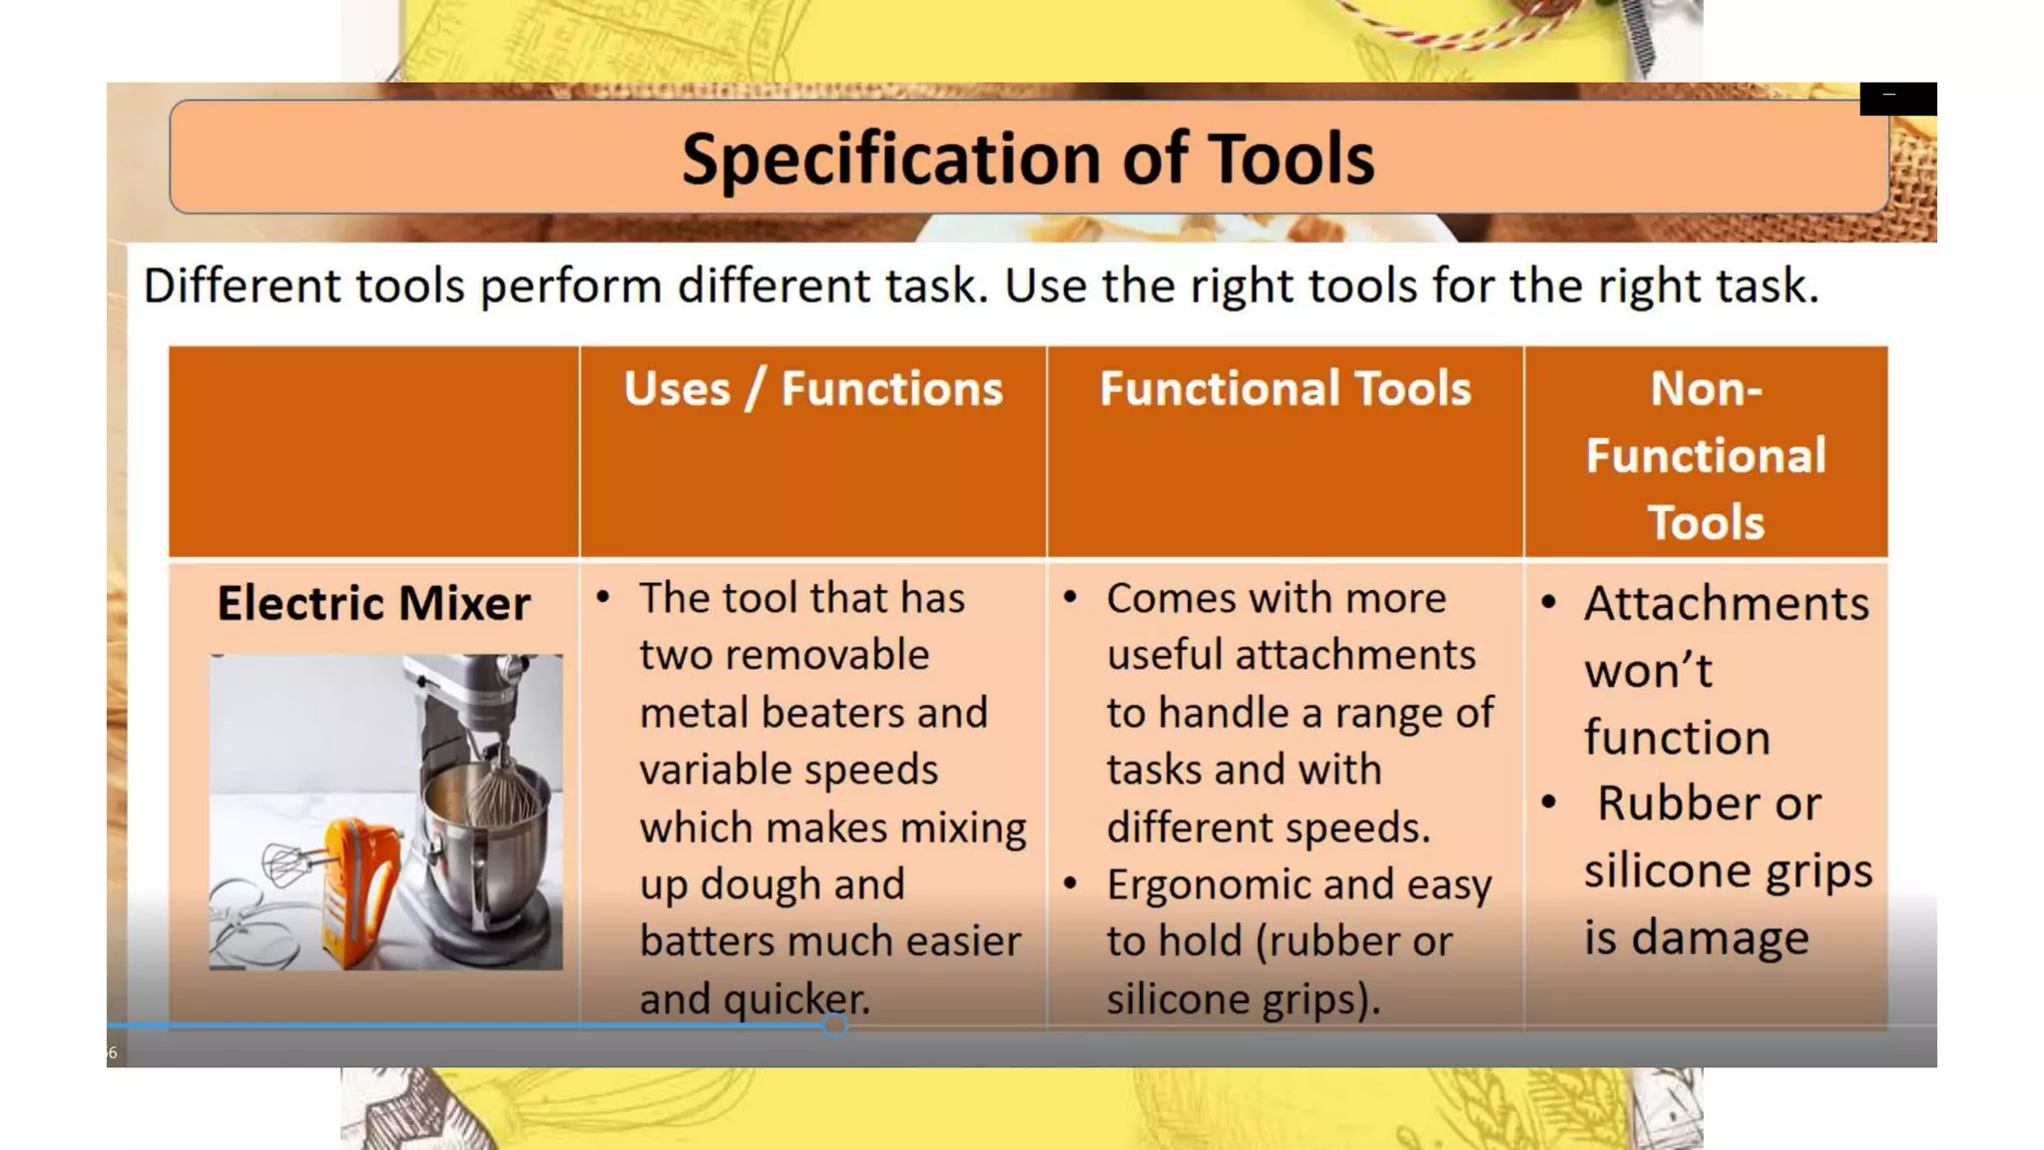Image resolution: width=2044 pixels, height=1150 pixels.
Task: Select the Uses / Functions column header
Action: pos(812,388)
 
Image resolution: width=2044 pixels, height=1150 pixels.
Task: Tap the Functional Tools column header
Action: pos(1284,388)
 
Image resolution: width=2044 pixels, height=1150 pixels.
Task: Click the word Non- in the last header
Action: pos(1705,388)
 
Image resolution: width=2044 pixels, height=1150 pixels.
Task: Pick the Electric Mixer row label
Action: pos(373,603)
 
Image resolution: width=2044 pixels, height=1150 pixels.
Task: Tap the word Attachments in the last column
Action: pos(1726,604)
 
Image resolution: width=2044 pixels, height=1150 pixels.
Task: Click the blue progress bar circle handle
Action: pos(835,1025)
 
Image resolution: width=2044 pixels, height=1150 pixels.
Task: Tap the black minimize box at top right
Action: pos(1897,98)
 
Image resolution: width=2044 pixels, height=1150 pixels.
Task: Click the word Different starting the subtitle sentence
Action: pos(243,287)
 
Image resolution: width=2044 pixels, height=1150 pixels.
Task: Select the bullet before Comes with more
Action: pos(1070,598)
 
